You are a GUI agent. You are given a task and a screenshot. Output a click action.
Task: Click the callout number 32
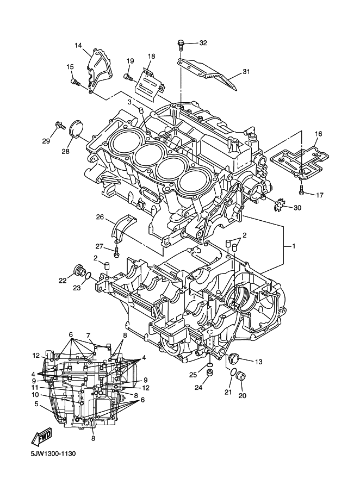tap(203, 43)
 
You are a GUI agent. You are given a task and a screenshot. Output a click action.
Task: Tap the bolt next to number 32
tap(181, 45)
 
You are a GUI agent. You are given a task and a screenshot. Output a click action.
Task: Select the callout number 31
tap(246, 72)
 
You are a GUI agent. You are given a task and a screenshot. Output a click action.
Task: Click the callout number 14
tap(78, 45)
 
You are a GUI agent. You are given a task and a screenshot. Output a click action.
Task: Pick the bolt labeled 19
tap(128, 76)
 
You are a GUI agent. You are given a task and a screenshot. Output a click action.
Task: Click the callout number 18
tap(152, 57)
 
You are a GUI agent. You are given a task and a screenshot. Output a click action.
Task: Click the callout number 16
tap(318, 134)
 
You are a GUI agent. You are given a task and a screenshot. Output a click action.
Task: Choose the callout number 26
tap(100, 217)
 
